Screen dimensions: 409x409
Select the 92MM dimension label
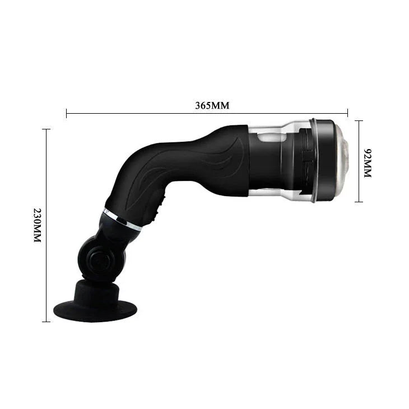[368, 163]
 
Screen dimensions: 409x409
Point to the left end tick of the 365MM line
[67, 113]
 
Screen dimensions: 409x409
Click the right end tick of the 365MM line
[348, 113]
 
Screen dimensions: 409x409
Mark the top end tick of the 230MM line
[46, 129]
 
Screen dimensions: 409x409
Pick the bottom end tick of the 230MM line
[46, 322]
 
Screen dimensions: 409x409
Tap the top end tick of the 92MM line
[359, 120]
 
